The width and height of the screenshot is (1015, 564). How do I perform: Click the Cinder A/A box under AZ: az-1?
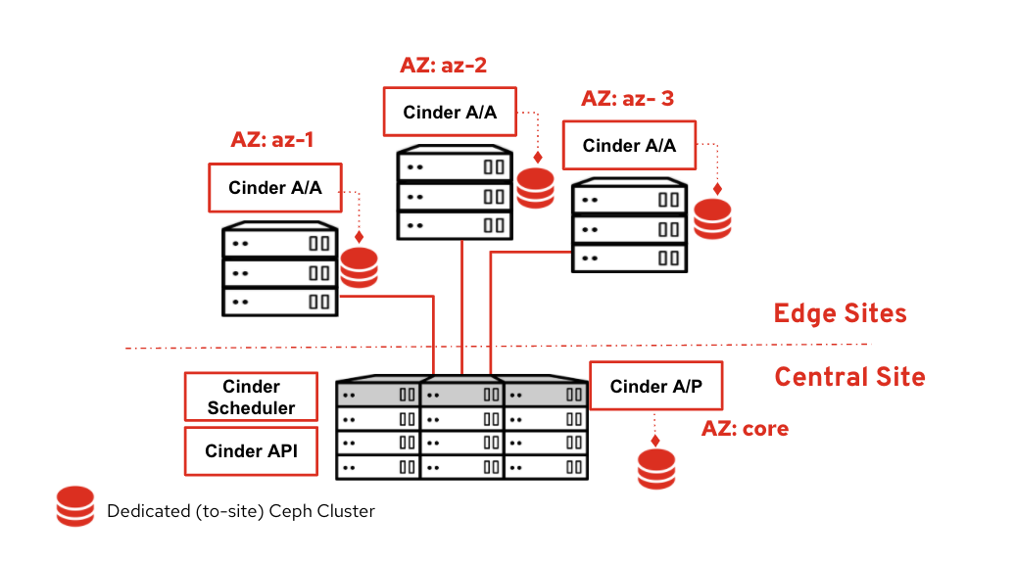[275, 187]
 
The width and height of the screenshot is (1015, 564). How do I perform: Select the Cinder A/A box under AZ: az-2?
[450, 113]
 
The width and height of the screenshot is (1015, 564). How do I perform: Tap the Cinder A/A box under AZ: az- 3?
[629, 146]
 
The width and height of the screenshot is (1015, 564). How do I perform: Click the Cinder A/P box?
[655, 386]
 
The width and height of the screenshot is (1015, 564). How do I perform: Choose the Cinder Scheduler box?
[251, 398]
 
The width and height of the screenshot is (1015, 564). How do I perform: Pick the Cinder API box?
[251, 451]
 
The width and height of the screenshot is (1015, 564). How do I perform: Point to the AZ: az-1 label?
[272, 139]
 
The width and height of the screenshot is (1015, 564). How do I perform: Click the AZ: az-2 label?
[443, 66]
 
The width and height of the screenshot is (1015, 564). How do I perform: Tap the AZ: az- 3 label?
[627, 99]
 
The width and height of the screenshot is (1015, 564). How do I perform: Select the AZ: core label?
[745, 429]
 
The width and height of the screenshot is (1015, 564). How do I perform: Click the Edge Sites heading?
[840, 313]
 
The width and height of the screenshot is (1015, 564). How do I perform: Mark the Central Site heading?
[849, 377]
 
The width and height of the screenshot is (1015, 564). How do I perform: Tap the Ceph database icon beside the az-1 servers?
[359, 268]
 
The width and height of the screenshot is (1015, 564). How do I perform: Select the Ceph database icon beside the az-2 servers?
[536, 189]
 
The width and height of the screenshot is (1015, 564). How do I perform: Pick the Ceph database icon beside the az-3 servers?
[712, 219]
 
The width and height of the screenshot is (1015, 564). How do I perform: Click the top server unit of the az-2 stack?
[456, 166]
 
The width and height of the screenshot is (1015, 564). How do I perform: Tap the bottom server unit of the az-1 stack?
[280, 301]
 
